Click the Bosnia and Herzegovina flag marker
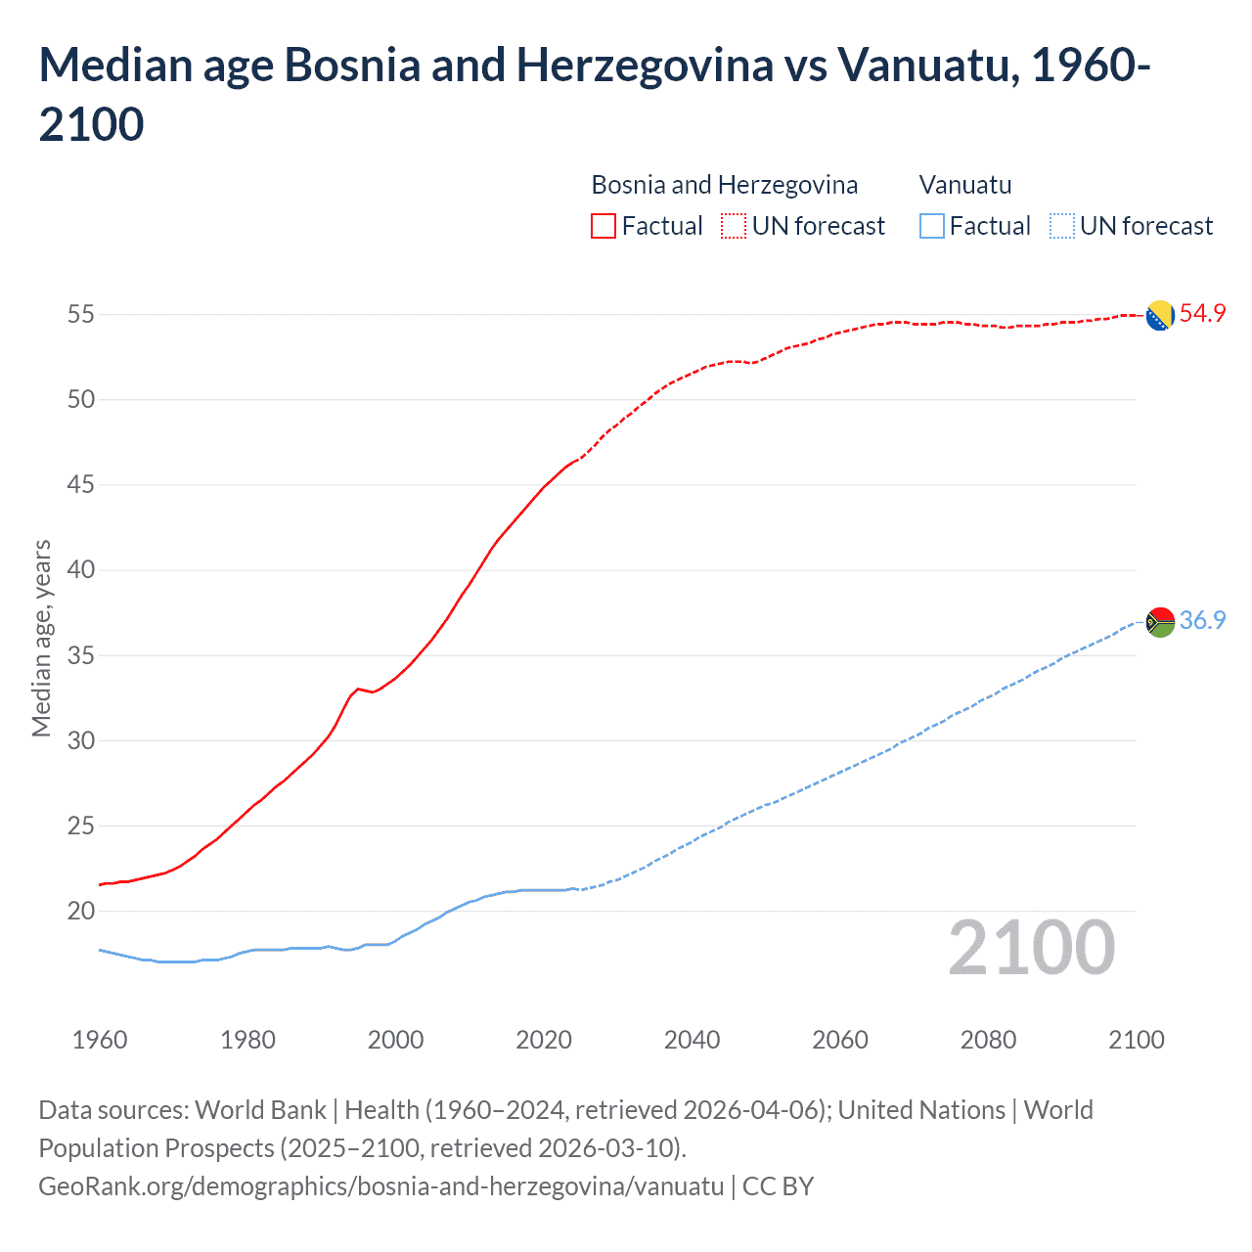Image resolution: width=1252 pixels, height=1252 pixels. click(1160, 316)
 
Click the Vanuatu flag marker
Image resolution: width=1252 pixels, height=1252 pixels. click(1160, 622)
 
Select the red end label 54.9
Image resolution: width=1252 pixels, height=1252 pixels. click(1202, 314)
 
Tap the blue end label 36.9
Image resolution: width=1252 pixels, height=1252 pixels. click(1202, 621)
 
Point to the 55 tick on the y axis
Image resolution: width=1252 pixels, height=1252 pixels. click(80, 315)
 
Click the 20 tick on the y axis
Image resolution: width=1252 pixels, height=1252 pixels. click(80, 912)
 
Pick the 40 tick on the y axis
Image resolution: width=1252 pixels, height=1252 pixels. click(80, 570)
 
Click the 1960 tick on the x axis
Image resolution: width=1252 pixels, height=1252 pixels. click(100, 1040)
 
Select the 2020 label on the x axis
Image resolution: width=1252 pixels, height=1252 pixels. click(544, 1040)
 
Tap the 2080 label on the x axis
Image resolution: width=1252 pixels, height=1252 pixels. click(988, 1040)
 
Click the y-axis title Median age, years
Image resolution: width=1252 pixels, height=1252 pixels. click(41, 638)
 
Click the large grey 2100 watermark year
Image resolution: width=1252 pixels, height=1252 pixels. click(1031, 948)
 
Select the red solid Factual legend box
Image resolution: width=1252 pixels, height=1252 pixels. click(604, 227)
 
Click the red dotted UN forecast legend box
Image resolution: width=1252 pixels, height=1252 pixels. click(734, 227)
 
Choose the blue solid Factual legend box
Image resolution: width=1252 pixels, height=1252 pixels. click(932, 227)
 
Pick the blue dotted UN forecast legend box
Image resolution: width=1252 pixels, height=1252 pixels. click(1061, 227)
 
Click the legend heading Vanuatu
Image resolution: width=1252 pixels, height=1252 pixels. click(965, 185)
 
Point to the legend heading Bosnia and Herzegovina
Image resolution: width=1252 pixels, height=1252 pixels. click(724, 185)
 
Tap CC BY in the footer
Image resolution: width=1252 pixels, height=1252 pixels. click(778, 1186)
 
